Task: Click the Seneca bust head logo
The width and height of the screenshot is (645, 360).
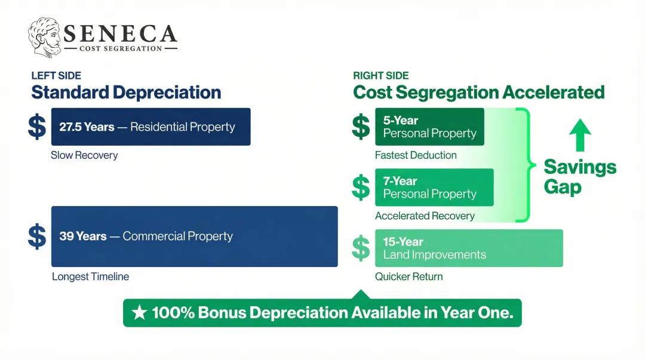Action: (x=45, y=37)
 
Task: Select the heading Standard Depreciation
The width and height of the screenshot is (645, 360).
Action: (x=126, y=93)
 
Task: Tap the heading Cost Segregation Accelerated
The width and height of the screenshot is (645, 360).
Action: (x=478, y=93)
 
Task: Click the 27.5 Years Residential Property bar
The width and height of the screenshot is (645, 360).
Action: (x=150, y=127)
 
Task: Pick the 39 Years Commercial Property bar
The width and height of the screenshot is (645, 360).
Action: (x=194, y=236)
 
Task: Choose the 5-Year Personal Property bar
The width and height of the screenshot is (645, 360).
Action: (x=429, y=127)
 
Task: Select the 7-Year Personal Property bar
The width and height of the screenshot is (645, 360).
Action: (x=434, y=187)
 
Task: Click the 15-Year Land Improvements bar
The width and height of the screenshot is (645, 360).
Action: (x=468, y=248)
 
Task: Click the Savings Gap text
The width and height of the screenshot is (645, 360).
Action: (x=579, y=177)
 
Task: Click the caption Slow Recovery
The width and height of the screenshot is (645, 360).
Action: (x=84, y=155)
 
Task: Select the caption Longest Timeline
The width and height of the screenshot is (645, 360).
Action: (x=90, y=277)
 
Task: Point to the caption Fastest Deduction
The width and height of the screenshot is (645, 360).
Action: (x=416, y=155)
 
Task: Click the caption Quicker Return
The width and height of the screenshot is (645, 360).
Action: (x=408, y=277)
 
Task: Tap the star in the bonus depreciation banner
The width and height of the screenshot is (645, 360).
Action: (x=139, y=313)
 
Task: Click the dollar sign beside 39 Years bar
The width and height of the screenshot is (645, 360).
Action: (x=37, y=236)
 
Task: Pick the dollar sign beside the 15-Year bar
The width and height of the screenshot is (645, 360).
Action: (x=361, y=248)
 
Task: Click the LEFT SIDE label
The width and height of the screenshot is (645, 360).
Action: (x=56, y=76)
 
